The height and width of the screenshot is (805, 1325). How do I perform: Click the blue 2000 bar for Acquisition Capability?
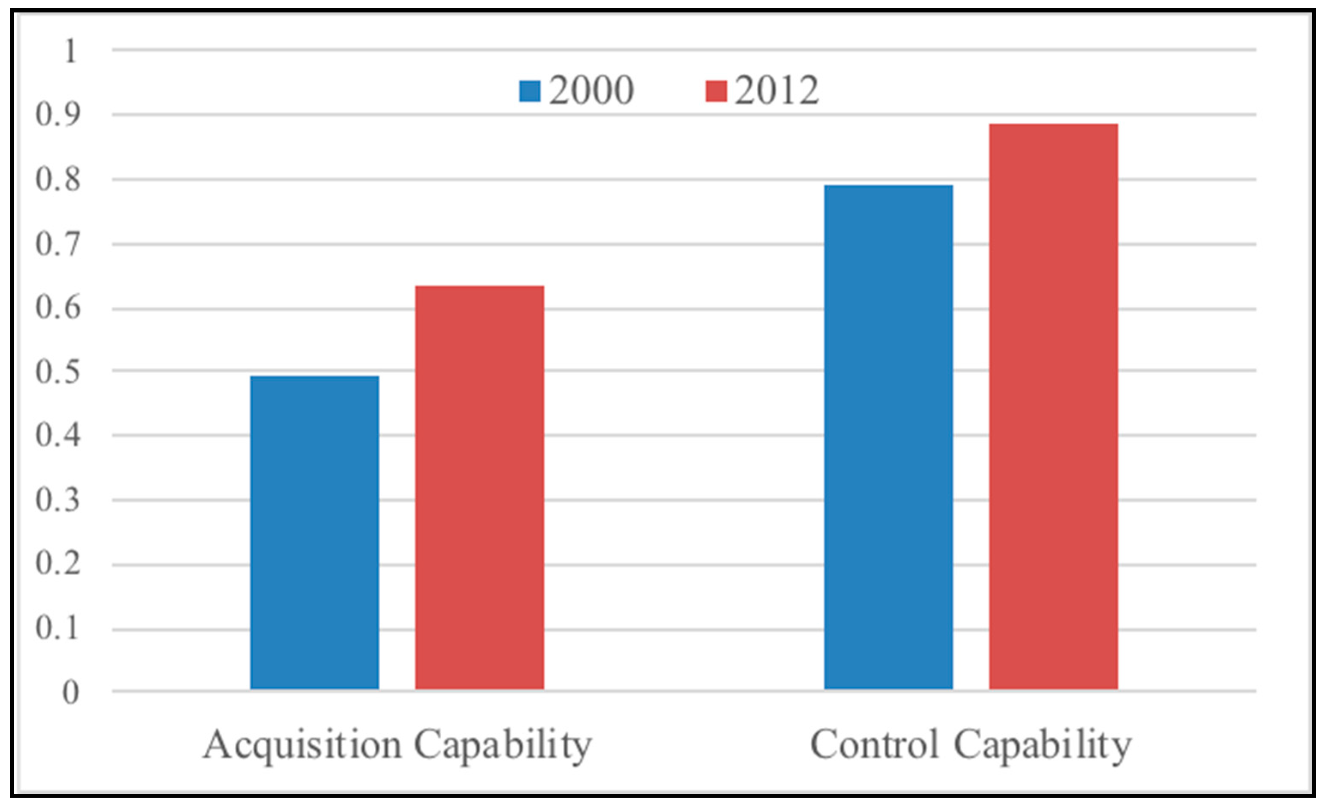click(x=315, y=533)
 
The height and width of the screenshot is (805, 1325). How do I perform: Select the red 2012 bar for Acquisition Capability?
click(x=479, y=488)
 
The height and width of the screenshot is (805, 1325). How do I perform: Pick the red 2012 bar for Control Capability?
click(x=1053, y=406)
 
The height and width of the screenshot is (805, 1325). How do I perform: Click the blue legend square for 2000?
click(x=530, y=91)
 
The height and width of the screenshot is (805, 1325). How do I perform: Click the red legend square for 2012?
click(x=716, y=91)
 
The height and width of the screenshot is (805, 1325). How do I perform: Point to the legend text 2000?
click(x=591, y=90)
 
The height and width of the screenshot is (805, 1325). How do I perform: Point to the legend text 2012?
click(x=776, y=90)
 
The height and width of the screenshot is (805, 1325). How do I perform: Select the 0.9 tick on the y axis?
click(x=58, y=115)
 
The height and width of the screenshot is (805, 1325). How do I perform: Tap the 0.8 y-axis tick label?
click(x=58, y=179)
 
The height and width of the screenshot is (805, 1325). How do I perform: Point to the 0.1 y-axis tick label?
click(x=58, y=628)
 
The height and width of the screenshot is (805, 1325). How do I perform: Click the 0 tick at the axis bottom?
click(x=70, y=692)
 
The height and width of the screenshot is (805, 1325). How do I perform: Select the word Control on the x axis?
click(x=875, y=745)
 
